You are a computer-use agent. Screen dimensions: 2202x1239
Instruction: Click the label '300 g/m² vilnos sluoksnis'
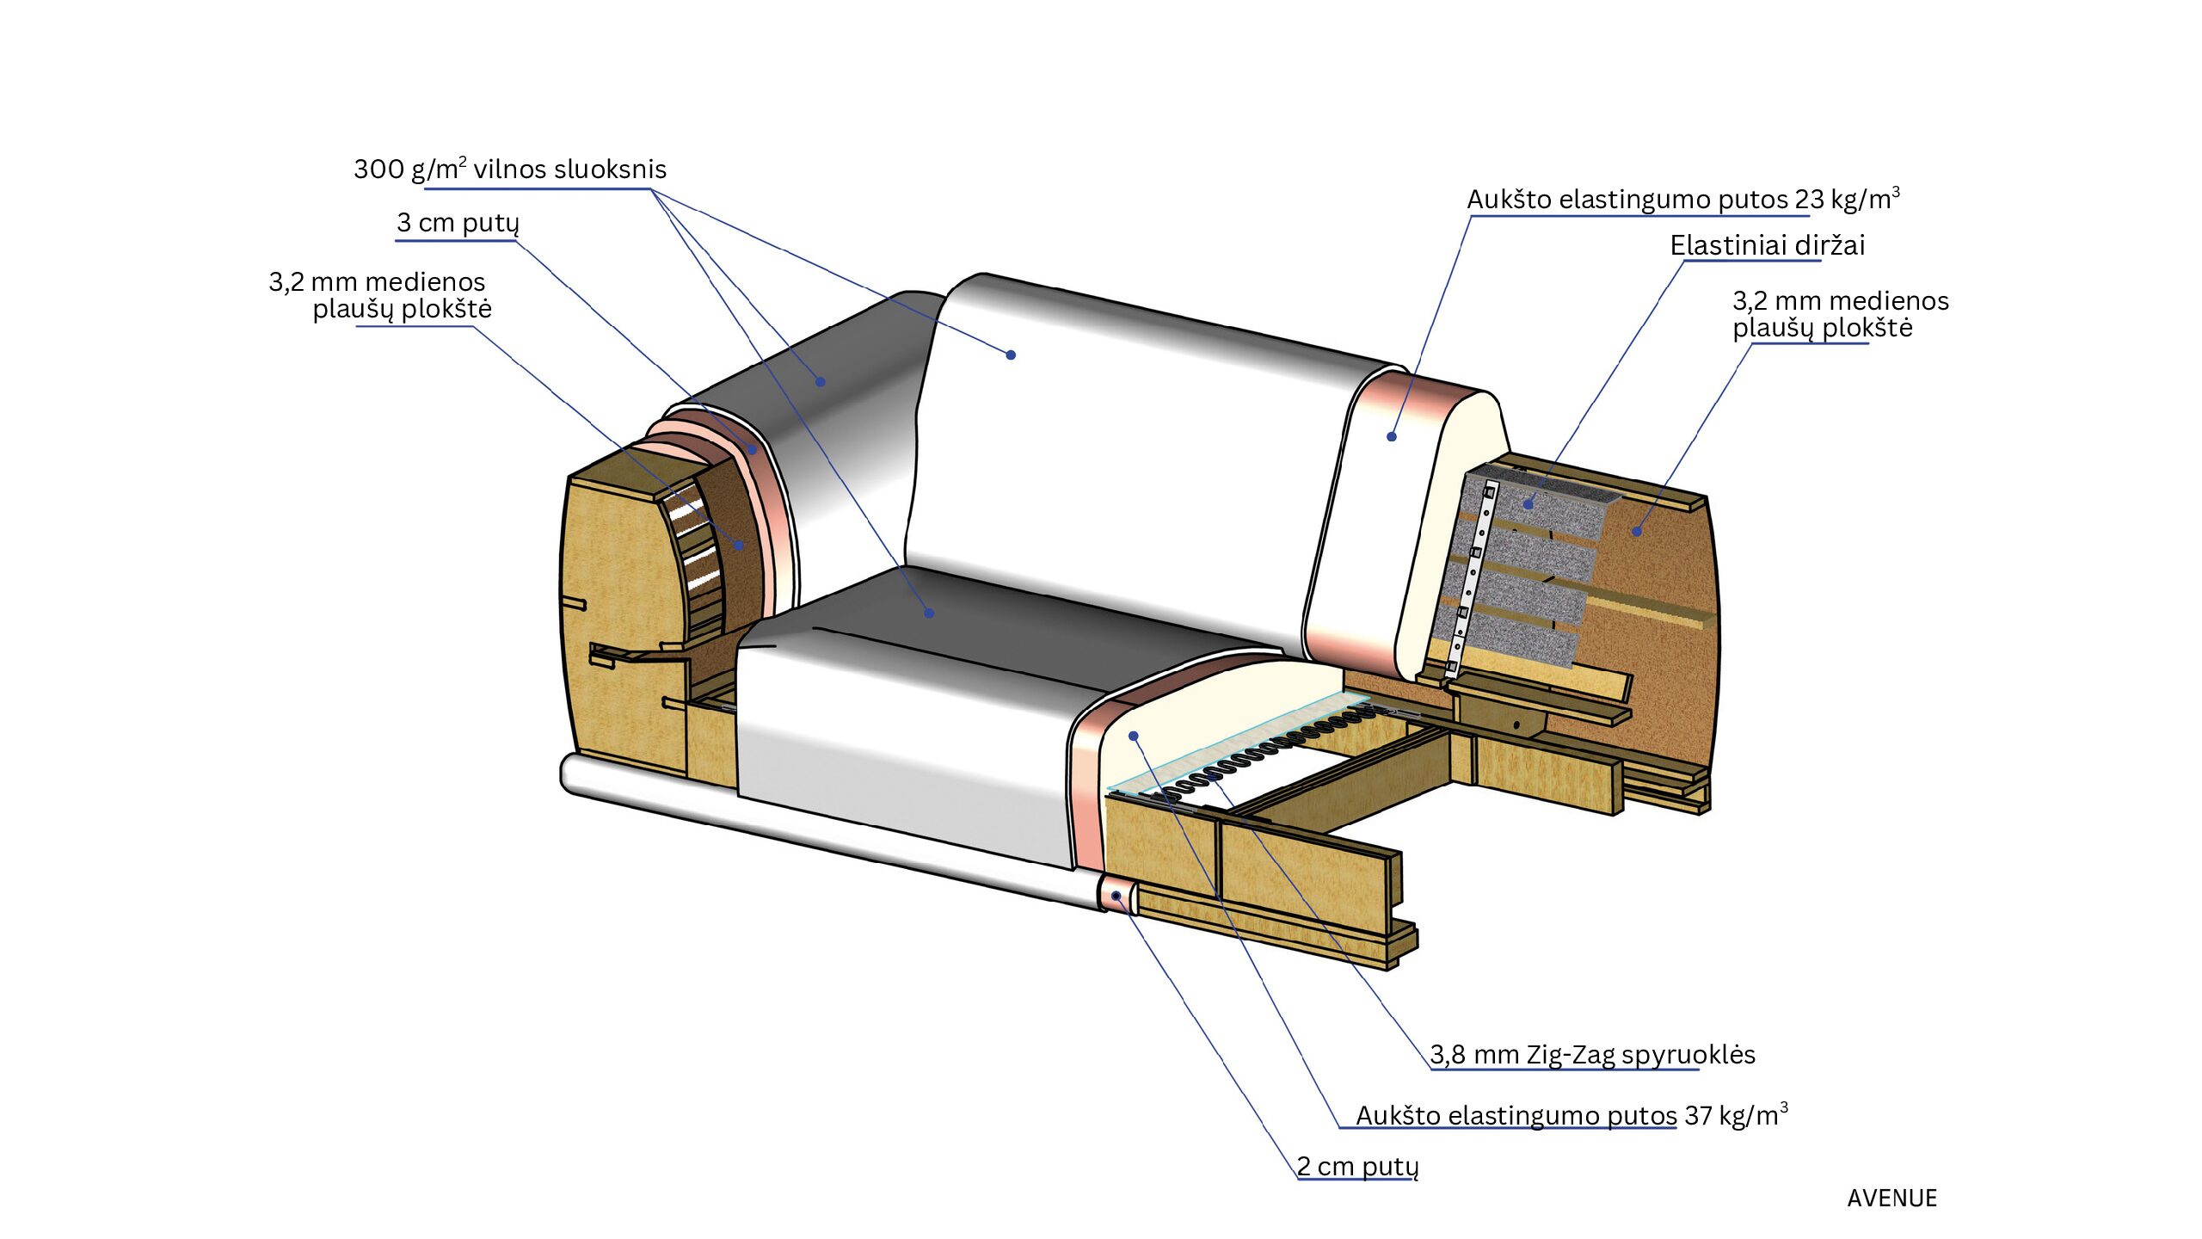coord(510,169)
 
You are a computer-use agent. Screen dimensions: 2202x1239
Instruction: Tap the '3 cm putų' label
coord(458,223)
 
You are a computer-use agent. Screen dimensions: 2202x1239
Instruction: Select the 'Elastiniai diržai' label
coord(1768,245)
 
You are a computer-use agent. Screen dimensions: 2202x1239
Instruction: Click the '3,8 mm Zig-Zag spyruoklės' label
coord(1592,1054)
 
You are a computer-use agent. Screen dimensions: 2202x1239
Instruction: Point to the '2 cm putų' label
coord(1357,1166)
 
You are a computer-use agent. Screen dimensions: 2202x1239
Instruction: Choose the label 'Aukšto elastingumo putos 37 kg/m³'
coord(1572,1114)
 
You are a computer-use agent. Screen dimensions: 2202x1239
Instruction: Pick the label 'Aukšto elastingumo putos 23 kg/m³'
coord(1683,199)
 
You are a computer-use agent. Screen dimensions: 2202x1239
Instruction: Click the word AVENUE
coord(1891,1198)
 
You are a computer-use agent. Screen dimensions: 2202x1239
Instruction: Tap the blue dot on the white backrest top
coord(1012,354)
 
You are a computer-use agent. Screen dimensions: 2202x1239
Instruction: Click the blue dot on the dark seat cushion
coord(929,613)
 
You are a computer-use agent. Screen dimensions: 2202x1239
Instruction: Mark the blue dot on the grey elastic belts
coord(1528,503)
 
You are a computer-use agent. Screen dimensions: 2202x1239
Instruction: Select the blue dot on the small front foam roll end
coord(1116,896)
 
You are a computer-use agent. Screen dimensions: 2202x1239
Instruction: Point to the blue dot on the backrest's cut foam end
coord(1392,436)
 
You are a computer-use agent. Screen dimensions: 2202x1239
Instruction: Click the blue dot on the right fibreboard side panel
coord(1637,532)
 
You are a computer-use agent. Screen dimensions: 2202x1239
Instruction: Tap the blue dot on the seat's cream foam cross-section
coord(1134,736)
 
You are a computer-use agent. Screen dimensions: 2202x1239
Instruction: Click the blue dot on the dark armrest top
coord(821,381)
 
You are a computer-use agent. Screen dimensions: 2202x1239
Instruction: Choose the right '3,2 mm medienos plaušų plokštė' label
coord(1841,314)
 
